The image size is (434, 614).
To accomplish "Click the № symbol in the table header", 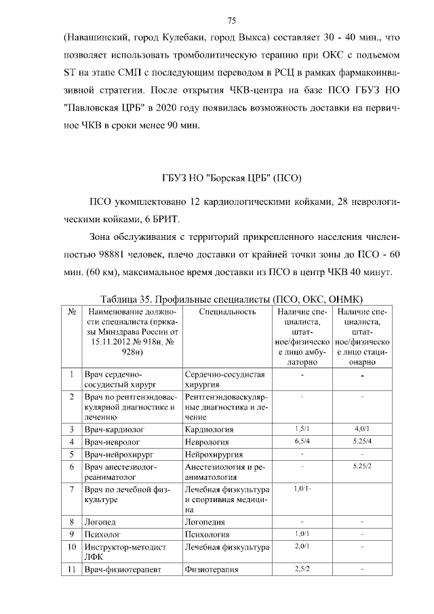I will (x=71, y=312).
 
